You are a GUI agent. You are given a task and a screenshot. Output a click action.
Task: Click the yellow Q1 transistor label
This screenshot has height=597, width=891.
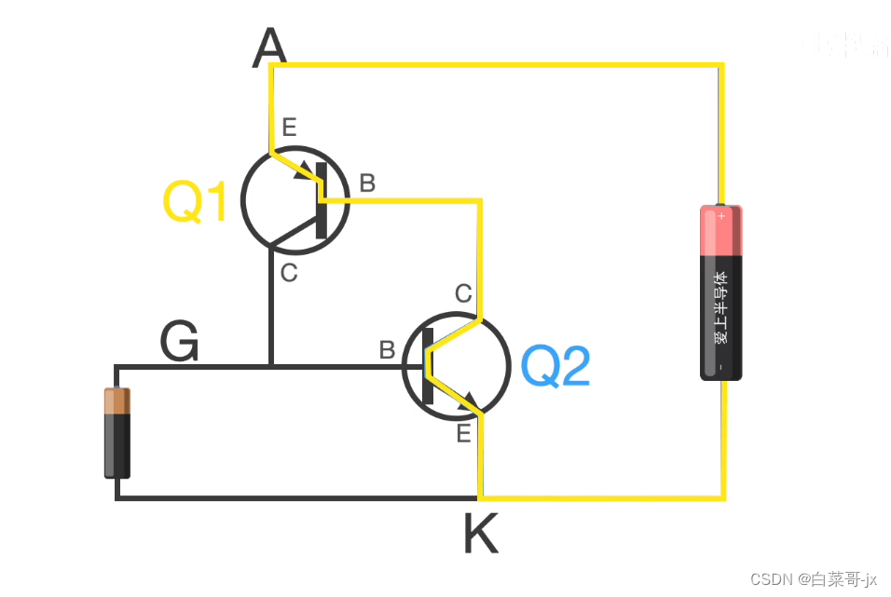point(195,202)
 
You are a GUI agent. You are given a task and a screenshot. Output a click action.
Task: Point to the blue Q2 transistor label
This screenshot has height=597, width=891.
point(555,367)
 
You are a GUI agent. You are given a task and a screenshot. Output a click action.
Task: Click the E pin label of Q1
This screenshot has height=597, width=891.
point(290,129)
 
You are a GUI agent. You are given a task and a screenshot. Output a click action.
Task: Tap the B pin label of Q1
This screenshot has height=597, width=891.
point(367,183)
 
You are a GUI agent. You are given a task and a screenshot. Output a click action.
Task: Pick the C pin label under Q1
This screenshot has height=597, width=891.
point(289,273)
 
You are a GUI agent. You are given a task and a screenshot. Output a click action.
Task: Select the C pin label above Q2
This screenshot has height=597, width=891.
point(463,294)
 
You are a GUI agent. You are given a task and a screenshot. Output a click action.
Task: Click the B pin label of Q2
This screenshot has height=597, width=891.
point(387,351)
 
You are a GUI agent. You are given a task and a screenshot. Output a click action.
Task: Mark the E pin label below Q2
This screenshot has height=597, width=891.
point(463,433)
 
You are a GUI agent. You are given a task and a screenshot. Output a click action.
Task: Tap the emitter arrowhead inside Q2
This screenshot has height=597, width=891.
point(469,402)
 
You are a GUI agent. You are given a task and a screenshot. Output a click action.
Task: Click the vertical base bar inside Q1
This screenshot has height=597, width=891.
point(322,200)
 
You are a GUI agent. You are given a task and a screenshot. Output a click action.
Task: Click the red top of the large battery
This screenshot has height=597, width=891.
point(721,229)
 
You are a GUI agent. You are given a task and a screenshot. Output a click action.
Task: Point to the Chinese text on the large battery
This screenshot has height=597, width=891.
point(721,307)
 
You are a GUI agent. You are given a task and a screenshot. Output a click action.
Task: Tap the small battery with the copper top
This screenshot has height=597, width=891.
point(117,433)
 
